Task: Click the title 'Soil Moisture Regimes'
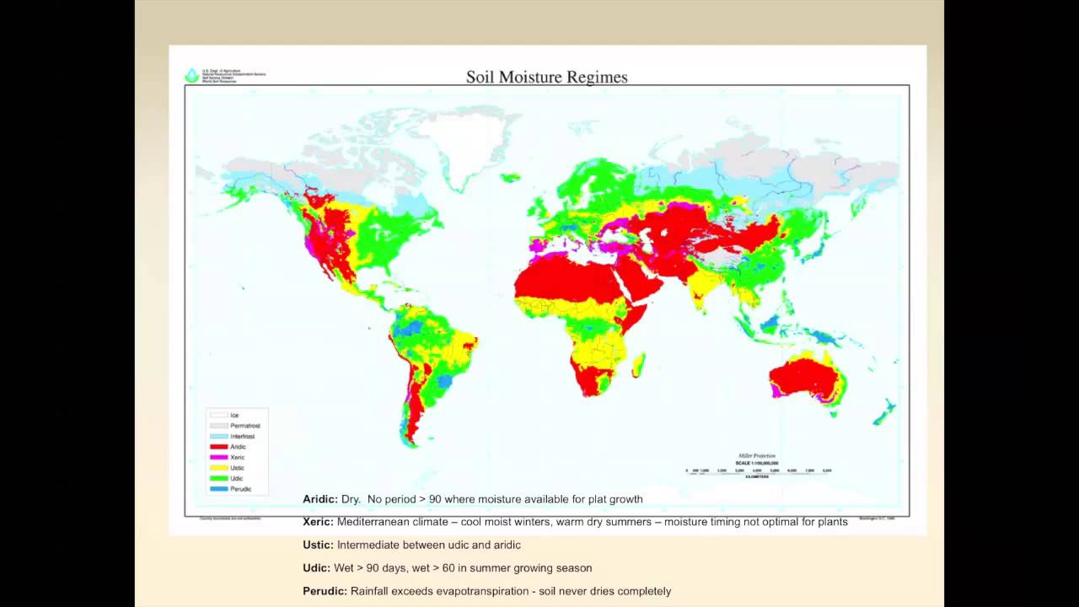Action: click(546, 78)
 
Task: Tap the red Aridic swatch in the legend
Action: click(219, 447)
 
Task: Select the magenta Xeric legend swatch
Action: click(219, 457)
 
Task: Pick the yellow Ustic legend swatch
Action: click(219, 468)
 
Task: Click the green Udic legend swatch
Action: click(219, 478)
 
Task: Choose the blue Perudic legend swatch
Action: click(219, 489)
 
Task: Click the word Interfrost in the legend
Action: click(242, 437)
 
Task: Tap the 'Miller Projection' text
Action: click(756, 456)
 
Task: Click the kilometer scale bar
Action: click(759, 470)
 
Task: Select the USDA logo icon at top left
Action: click(191, 76)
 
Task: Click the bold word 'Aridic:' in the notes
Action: click(320, 499)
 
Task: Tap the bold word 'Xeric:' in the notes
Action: click(318, 522)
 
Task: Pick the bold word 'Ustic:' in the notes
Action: click(318, 545)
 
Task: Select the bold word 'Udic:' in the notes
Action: click(316, 567)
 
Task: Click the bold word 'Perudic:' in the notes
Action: click(325, 591)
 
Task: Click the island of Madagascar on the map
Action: click(639, 365)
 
